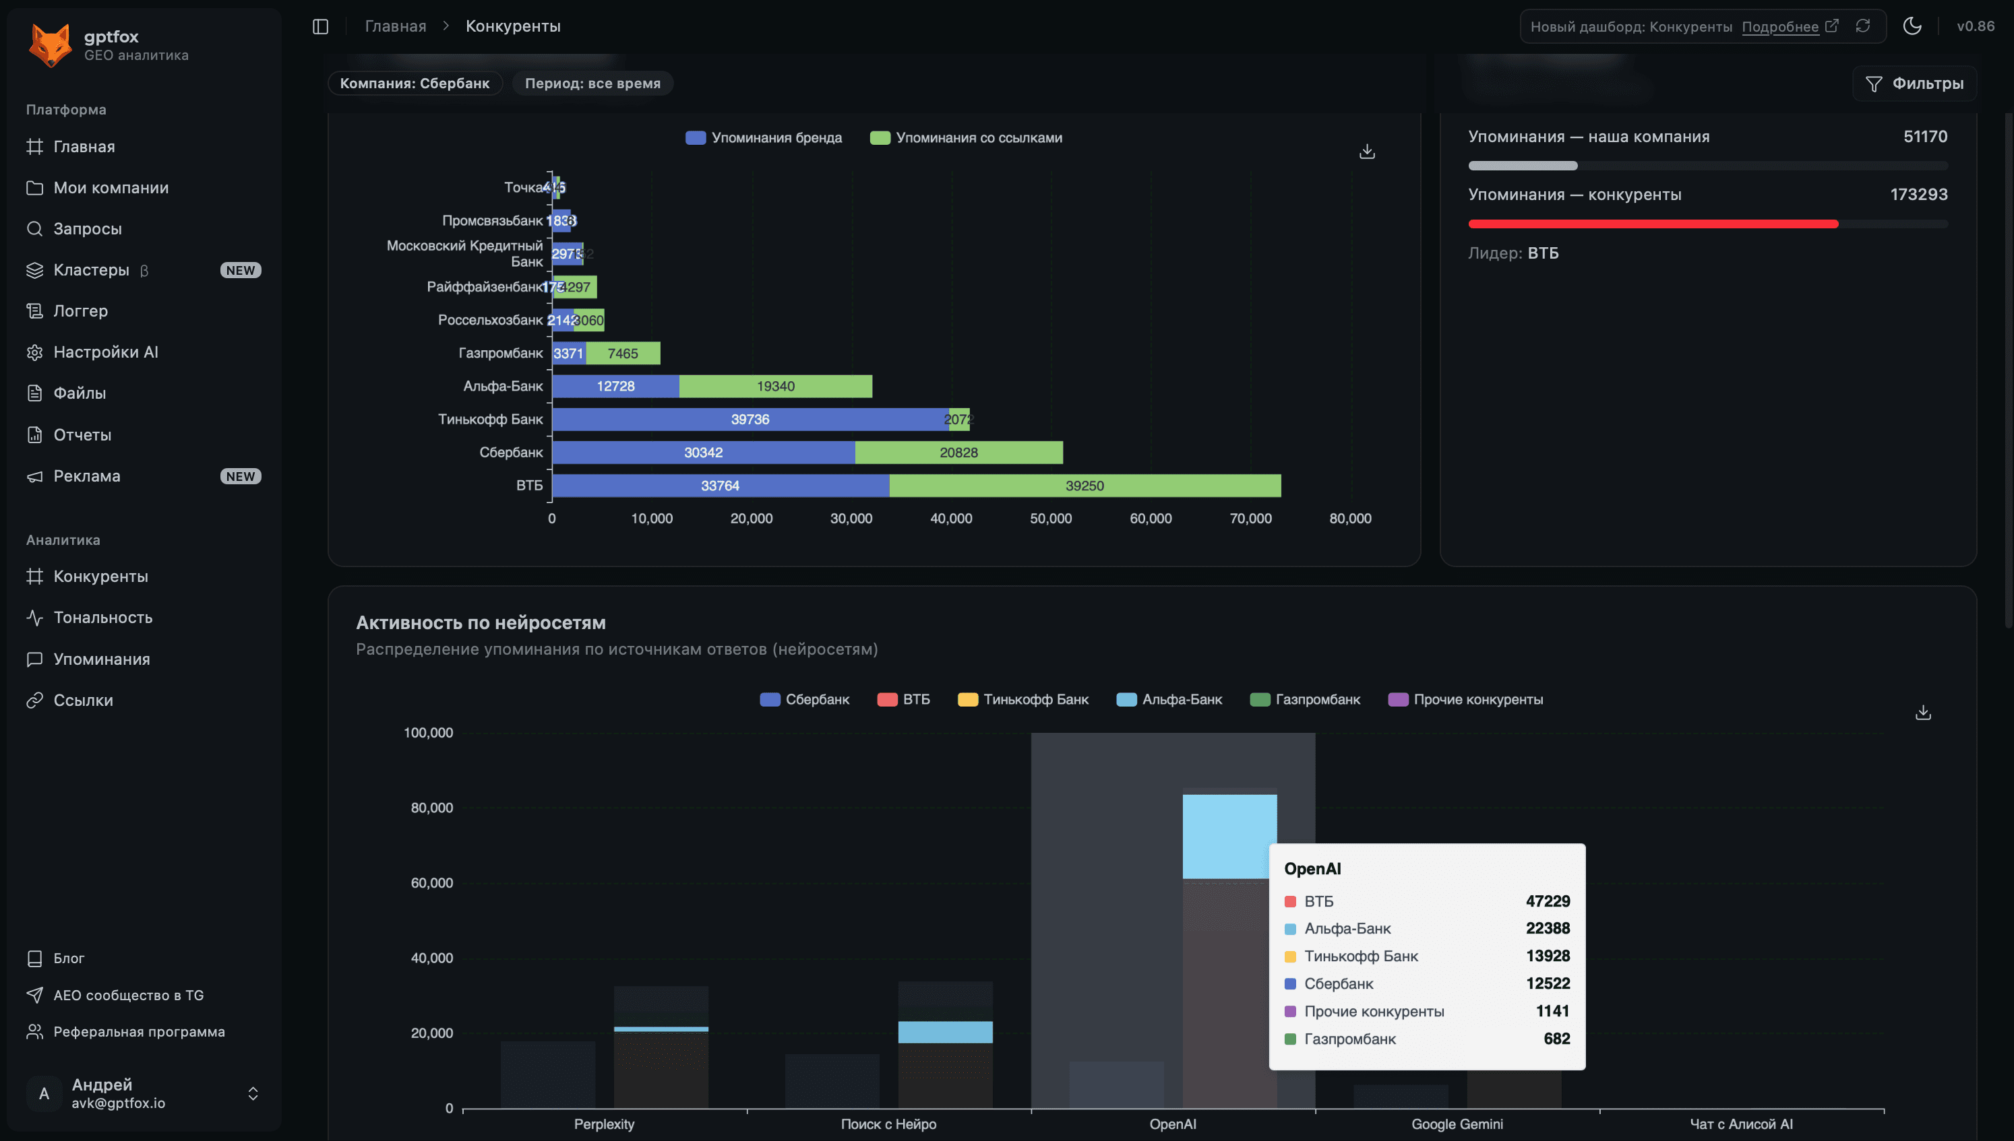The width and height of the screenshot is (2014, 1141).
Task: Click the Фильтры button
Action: pyautogui.click(x=1914, y=84)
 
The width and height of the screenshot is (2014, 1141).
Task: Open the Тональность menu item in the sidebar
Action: pyautogui.click(x=102, y=618)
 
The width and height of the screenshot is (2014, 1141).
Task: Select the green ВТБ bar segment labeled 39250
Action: pyautogui.click(x=1085, y=486)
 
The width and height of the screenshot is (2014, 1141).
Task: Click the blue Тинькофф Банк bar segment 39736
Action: pyautogui.click(x=750, y=419)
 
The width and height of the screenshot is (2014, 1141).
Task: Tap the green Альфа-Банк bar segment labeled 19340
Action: pyautogui.click(x=775, y=387)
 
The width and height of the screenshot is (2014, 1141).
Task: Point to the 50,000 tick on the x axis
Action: pyautogui.click(x=1051, y=519)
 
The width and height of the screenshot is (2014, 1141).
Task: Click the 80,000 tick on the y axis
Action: pyautogui.click(x=431, y=808)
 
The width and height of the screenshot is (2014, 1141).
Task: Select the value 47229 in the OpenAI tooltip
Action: pyautogui.click(x=1547, y=901)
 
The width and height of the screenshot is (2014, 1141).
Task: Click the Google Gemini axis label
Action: pyautogui.click(x=1457, y=1123)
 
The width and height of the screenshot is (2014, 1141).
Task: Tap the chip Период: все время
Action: pyautogui.click(x=592, y=84)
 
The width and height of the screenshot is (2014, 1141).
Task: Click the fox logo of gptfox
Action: pyautogui.click(x=49, y=44)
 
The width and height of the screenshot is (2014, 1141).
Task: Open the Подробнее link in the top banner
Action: pyautogui.click(x=1779, y=27)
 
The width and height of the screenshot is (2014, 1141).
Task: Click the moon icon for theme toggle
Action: pyautogui.click(x=1912, y=26)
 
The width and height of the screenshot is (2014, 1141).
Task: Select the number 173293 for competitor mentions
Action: pyautogui.click(x=1918, y=195)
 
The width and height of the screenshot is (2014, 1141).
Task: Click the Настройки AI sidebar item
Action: pyautogui.click(x=105, y=352)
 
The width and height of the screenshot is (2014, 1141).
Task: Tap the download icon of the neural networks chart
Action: pyautogui.click(x=1922, y=713)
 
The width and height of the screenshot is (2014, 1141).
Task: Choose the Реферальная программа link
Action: pyautogui.click(x=139, y=1031)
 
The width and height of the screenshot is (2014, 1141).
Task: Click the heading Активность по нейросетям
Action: pyautogui.click(x=480, y=622)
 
